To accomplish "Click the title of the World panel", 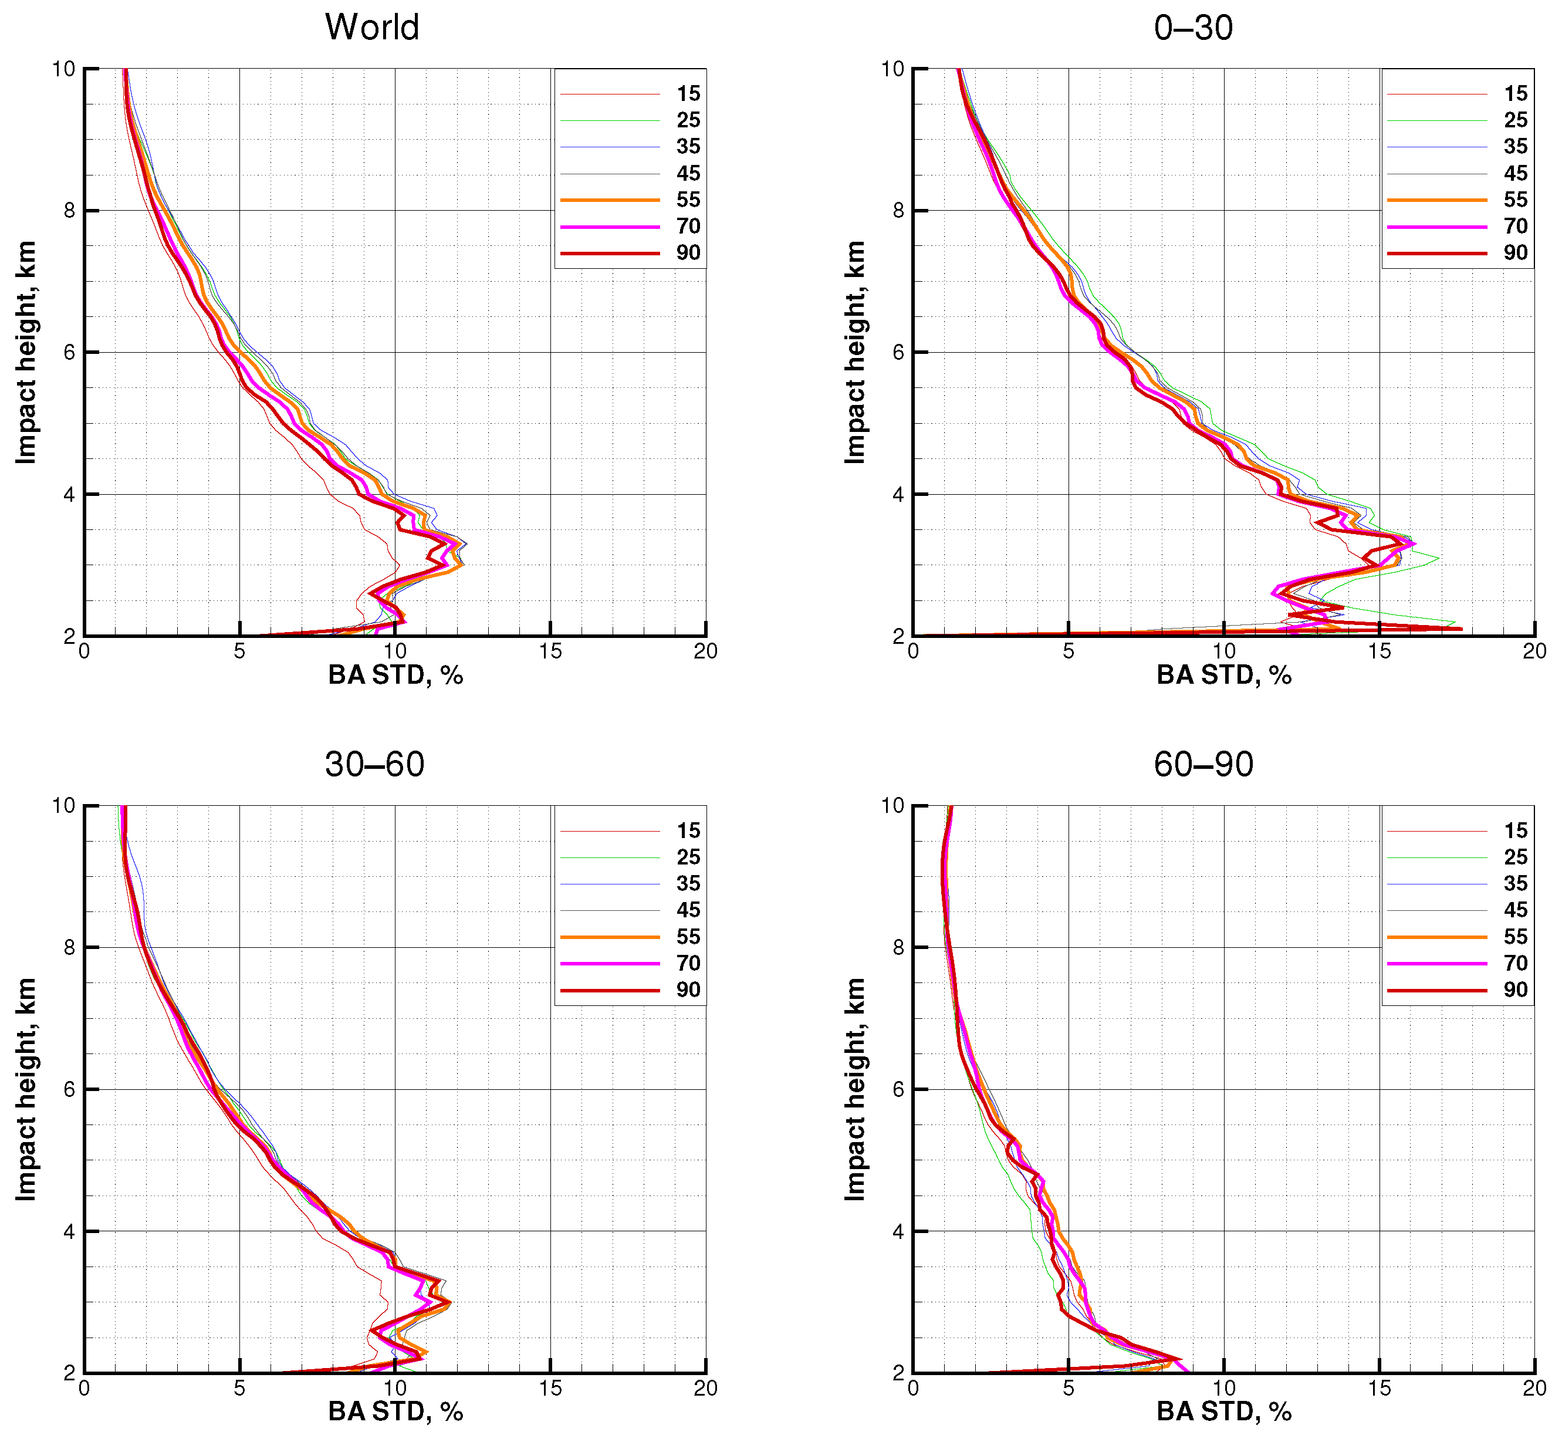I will [x=372, y=28].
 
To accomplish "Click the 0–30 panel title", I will [x=1193, y=28].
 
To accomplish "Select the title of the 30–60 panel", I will [x=374, y=764].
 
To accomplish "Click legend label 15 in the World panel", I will [x=687, y=94].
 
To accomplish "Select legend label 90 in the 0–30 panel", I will [x=1515, y=253].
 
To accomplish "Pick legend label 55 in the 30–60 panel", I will [x=687, y=936].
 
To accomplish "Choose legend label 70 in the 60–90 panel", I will [x=1515, y=963].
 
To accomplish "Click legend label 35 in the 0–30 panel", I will [x=1515, y=147].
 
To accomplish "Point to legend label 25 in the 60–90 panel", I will [x=1515, y=857].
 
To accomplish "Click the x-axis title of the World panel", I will [x=395, y=675].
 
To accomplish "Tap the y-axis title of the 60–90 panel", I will [x=855, y=1089].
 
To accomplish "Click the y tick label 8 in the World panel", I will [x=69, y=211].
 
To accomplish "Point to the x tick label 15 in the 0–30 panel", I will [x=1379, y=651].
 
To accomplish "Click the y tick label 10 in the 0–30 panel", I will [x=892, y=69].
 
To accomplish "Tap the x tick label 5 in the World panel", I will [x=239, y=651].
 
